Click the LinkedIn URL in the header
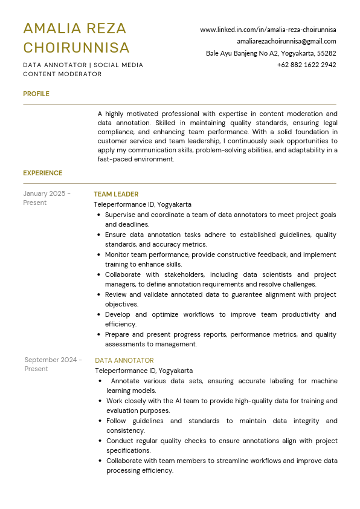coord(268,30)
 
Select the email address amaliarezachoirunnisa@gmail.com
coord(286,41)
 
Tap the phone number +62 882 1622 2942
coord(306,65)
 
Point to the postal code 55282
coord(326,53)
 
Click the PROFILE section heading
coord(36,94)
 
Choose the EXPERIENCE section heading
coord(43,173)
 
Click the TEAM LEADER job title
coord(116,194)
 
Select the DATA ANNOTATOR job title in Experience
coord(124,360)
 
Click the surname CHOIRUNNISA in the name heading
coord(76,48)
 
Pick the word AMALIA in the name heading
coord(48,28)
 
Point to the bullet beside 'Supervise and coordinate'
coord(98,215)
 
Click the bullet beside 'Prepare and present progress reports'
coord(98,334)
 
